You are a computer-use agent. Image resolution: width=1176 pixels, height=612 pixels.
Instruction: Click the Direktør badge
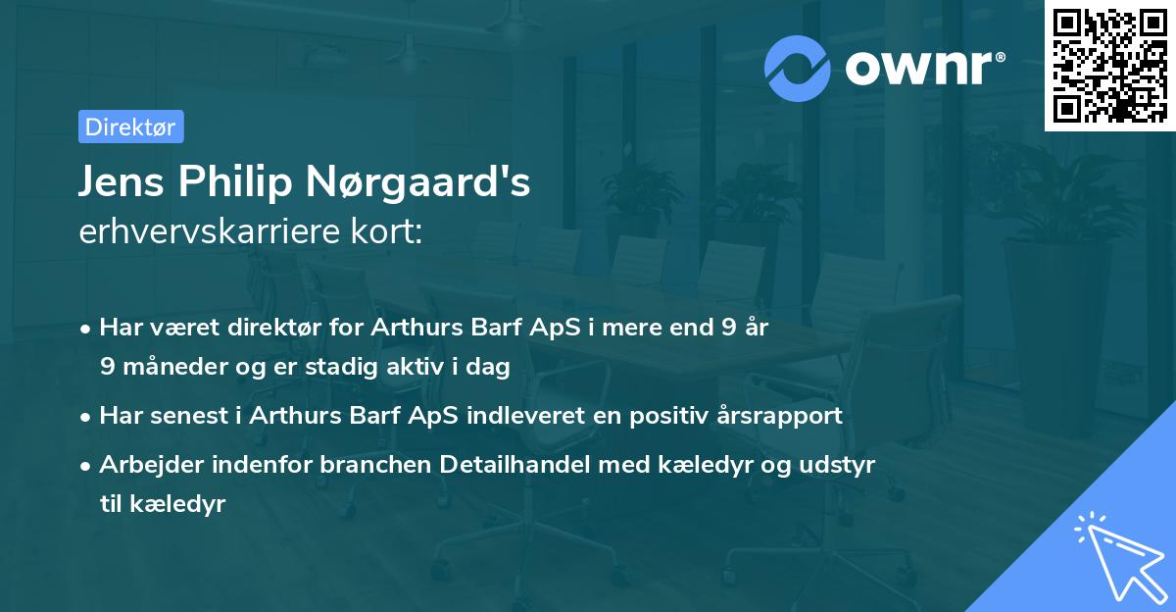[130, 127]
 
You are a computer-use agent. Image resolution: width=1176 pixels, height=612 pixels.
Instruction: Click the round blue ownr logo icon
[798, 68]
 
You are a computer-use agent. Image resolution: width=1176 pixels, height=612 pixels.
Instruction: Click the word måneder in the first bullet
[171, 367]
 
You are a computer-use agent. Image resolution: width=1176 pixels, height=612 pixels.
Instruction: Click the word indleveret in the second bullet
[540, 415]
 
